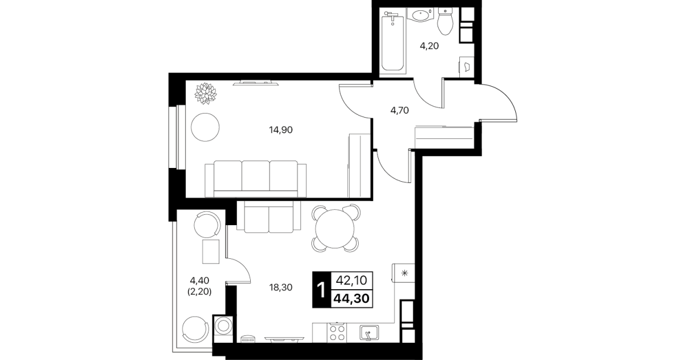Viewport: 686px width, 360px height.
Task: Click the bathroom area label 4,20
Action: (x=429, y=46)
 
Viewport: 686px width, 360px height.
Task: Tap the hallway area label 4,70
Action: (x=399, y=110)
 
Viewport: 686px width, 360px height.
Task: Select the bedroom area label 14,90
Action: (x=281, y=130)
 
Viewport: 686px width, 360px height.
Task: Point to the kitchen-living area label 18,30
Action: (x=281, y=287)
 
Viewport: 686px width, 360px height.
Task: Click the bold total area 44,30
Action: (x=351, y=298)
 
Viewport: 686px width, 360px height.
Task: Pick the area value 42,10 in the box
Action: (x=351, y=280)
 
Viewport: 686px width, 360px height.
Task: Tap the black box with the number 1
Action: (x=321, y=290)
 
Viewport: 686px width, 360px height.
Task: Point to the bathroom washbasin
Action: (x=421, y=15)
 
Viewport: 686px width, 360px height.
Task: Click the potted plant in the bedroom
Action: (x=206, y=93)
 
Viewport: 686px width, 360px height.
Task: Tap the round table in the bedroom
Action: (x=205, y=127)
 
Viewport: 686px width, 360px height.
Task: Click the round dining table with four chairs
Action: (x=335, y=229)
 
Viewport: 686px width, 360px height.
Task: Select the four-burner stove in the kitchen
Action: (x=336, y=333)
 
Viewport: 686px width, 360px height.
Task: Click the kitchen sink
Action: (x=369, y=333)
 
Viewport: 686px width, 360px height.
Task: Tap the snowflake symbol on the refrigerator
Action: (x=404, y=273)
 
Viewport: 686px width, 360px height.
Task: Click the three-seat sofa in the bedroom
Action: (x=255, y=179)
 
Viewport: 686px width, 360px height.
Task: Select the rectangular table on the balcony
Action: (x=211, y=251)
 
